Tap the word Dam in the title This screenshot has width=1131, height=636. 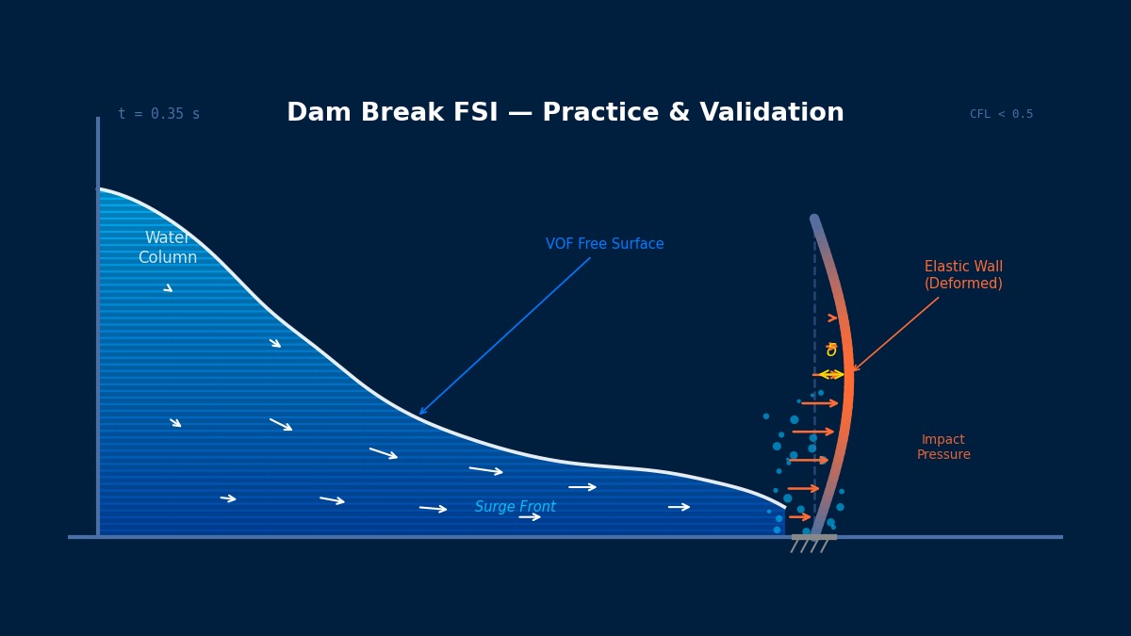point(317,114)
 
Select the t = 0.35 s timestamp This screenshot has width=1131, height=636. point(158,114)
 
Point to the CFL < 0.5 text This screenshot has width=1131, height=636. point(1001,114)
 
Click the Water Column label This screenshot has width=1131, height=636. point(168,248)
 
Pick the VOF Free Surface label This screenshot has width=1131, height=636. point(604,244)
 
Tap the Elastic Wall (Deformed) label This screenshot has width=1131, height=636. point(963,275)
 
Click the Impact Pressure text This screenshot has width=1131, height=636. point(943,448)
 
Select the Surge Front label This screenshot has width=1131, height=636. point(515,507)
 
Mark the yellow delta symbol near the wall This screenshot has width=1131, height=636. point(831,351)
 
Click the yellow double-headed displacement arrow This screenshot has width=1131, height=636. point(829,375)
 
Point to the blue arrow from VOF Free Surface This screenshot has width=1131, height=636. point(505,335)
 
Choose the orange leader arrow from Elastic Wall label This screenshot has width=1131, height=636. point(895,334)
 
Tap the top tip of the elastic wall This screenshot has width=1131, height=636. point(814,220)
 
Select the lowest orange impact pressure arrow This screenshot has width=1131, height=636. point(799,516)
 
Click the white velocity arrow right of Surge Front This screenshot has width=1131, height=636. point(582,487)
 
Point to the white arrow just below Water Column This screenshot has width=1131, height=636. point(168,287)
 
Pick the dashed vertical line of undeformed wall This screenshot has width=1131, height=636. point(815,283)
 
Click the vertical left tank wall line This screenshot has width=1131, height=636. point(98,330)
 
